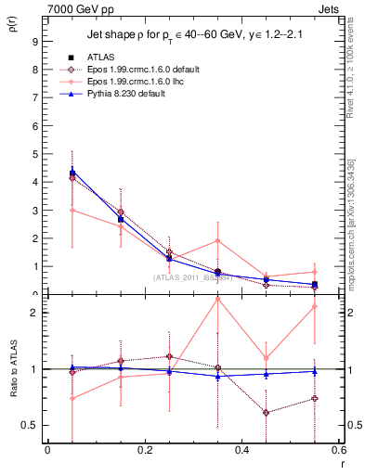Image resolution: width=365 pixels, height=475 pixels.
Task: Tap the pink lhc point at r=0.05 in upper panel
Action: [x=72, y=210]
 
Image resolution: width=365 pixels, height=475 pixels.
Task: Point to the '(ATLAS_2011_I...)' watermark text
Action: [x=192, y=277]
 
